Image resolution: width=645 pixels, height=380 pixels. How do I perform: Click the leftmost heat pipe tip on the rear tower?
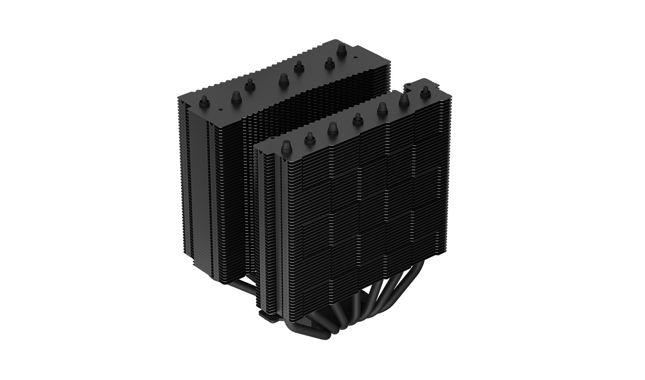click(203, 99)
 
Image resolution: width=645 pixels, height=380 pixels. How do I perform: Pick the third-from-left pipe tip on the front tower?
click(333, 127)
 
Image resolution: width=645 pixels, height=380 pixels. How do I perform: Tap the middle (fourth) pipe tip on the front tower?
click(357, 118)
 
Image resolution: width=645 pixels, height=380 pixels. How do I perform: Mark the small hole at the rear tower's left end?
click(219, 109)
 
